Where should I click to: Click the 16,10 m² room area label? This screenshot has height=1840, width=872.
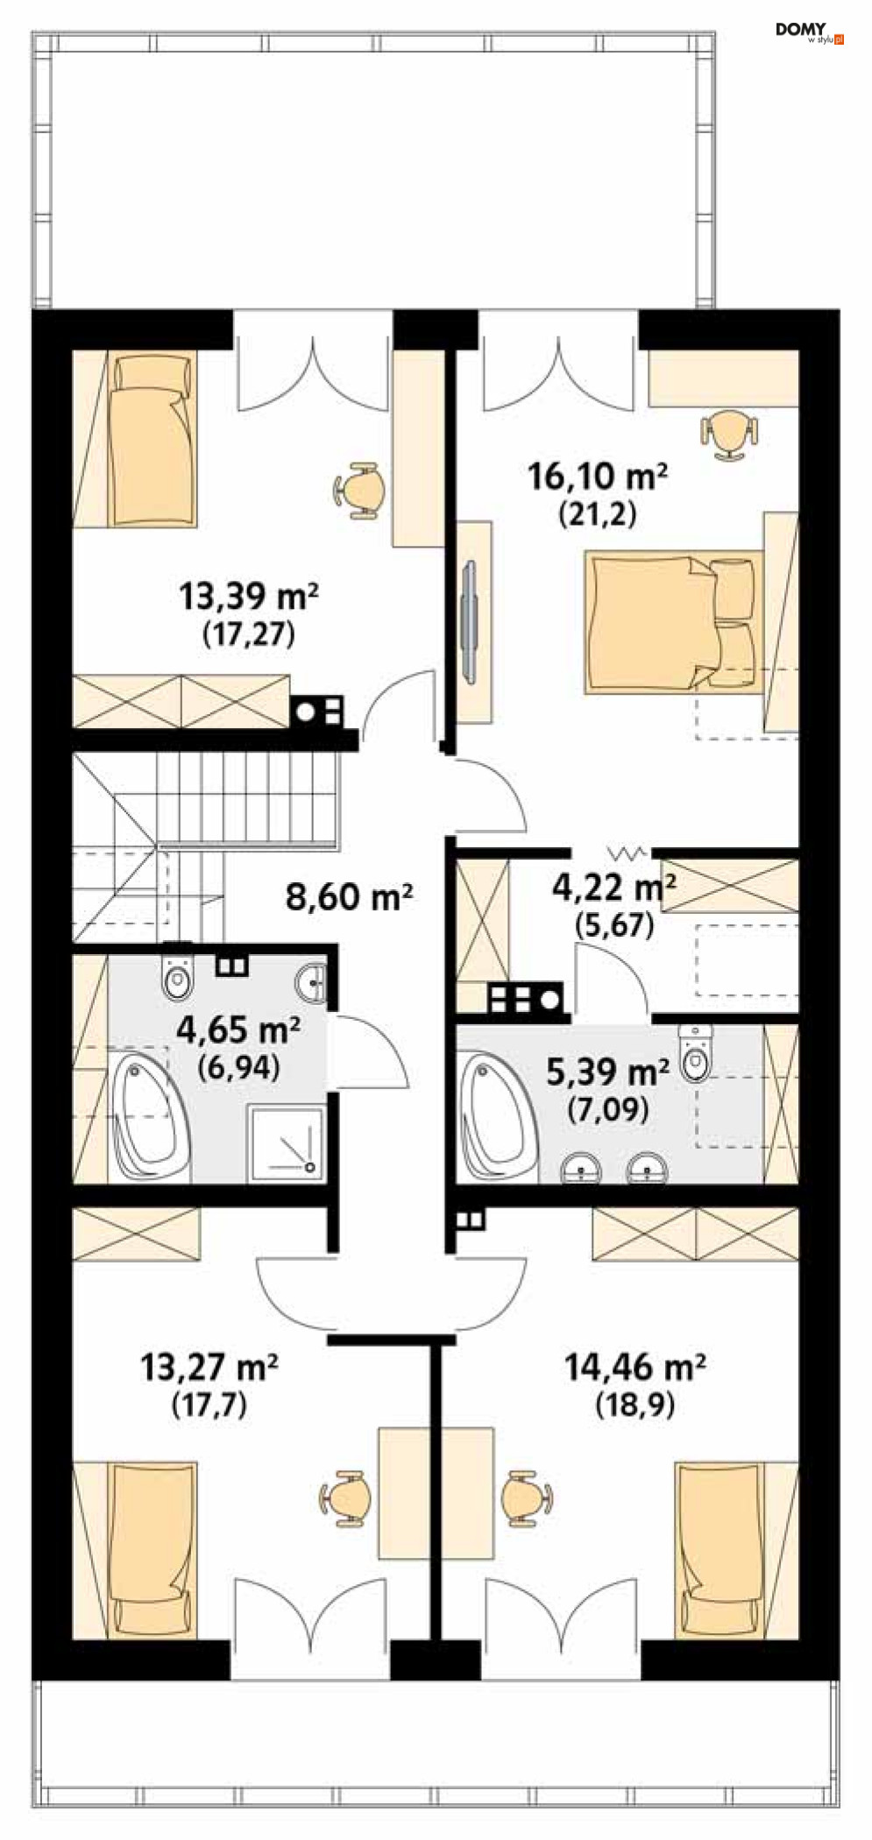pos(598,477)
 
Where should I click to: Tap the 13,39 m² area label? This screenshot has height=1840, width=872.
pos(249,597)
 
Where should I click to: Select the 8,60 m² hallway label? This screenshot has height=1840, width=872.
pos(349,896)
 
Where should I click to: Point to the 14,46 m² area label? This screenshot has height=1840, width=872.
pos(635,1366)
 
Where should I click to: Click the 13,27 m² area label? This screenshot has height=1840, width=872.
pos(209,1366)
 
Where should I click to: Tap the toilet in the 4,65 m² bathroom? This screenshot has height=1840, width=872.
pos(177,979)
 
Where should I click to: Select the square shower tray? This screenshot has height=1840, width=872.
pos(287,1140)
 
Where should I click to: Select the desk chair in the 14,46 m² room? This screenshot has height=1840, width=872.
pos(525,1497)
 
